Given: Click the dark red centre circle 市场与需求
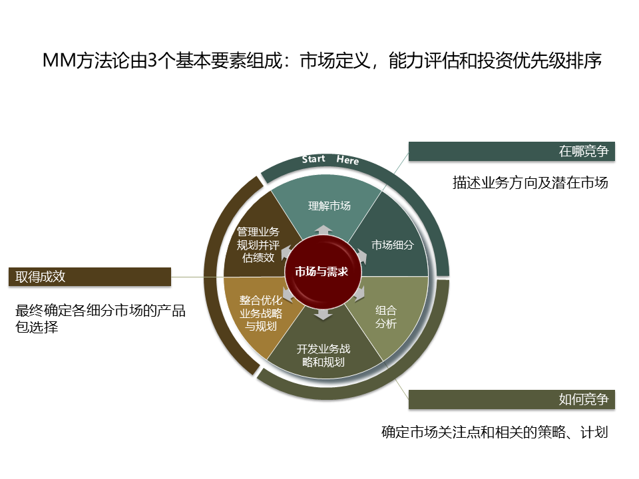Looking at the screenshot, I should click(x=322, y=271).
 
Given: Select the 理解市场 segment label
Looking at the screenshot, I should click(x=329, y=206).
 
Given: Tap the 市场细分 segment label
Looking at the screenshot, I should click(x=393, y=244).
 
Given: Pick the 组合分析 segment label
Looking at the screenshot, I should click(x=386, y=317).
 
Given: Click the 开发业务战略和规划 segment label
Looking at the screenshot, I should click(x=323, y=356).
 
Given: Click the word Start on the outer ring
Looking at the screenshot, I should click(x=314, y=159).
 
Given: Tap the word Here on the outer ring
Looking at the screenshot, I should click(x=347, y=160).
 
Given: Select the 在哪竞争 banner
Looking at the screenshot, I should click(x=511, y=152).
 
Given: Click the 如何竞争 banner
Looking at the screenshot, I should click(x=511, y=400).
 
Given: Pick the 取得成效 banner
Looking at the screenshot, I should click(x=90, y=277).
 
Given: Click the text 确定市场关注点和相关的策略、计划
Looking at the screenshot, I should click(x=495, y=432).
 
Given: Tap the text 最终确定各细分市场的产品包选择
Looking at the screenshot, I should click(x=100, y=318).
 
